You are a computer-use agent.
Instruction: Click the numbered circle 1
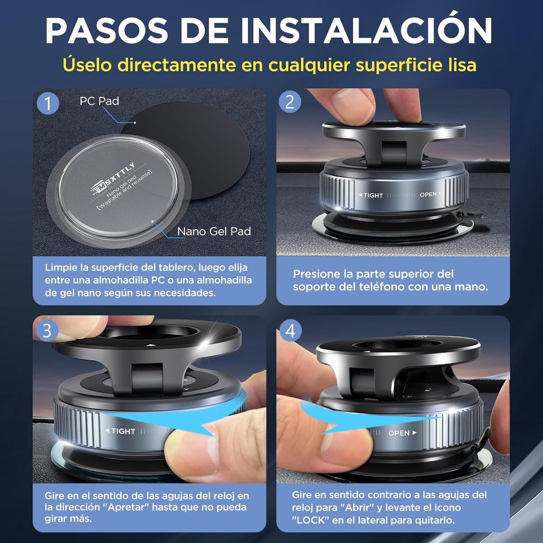point(48,103)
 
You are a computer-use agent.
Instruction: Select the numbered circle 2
point(290,101)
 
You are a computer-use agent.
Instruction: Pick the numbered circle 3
point(47,331)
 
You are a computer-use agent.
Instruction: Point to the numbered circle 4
point(290,331)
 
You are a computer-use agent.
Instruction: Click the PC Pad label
point(99,101)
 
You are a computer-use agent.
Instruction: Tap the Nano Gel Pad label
point(214,231)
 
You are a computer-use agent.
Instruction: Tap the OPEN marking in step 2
point(428,194)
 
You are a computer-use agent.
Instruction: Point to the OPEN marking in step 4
point(399,433)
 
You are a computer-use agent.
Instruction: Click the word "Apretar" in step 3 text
point(126,507)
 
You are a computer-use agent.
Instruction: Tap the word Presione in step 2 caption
point(316,274)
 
